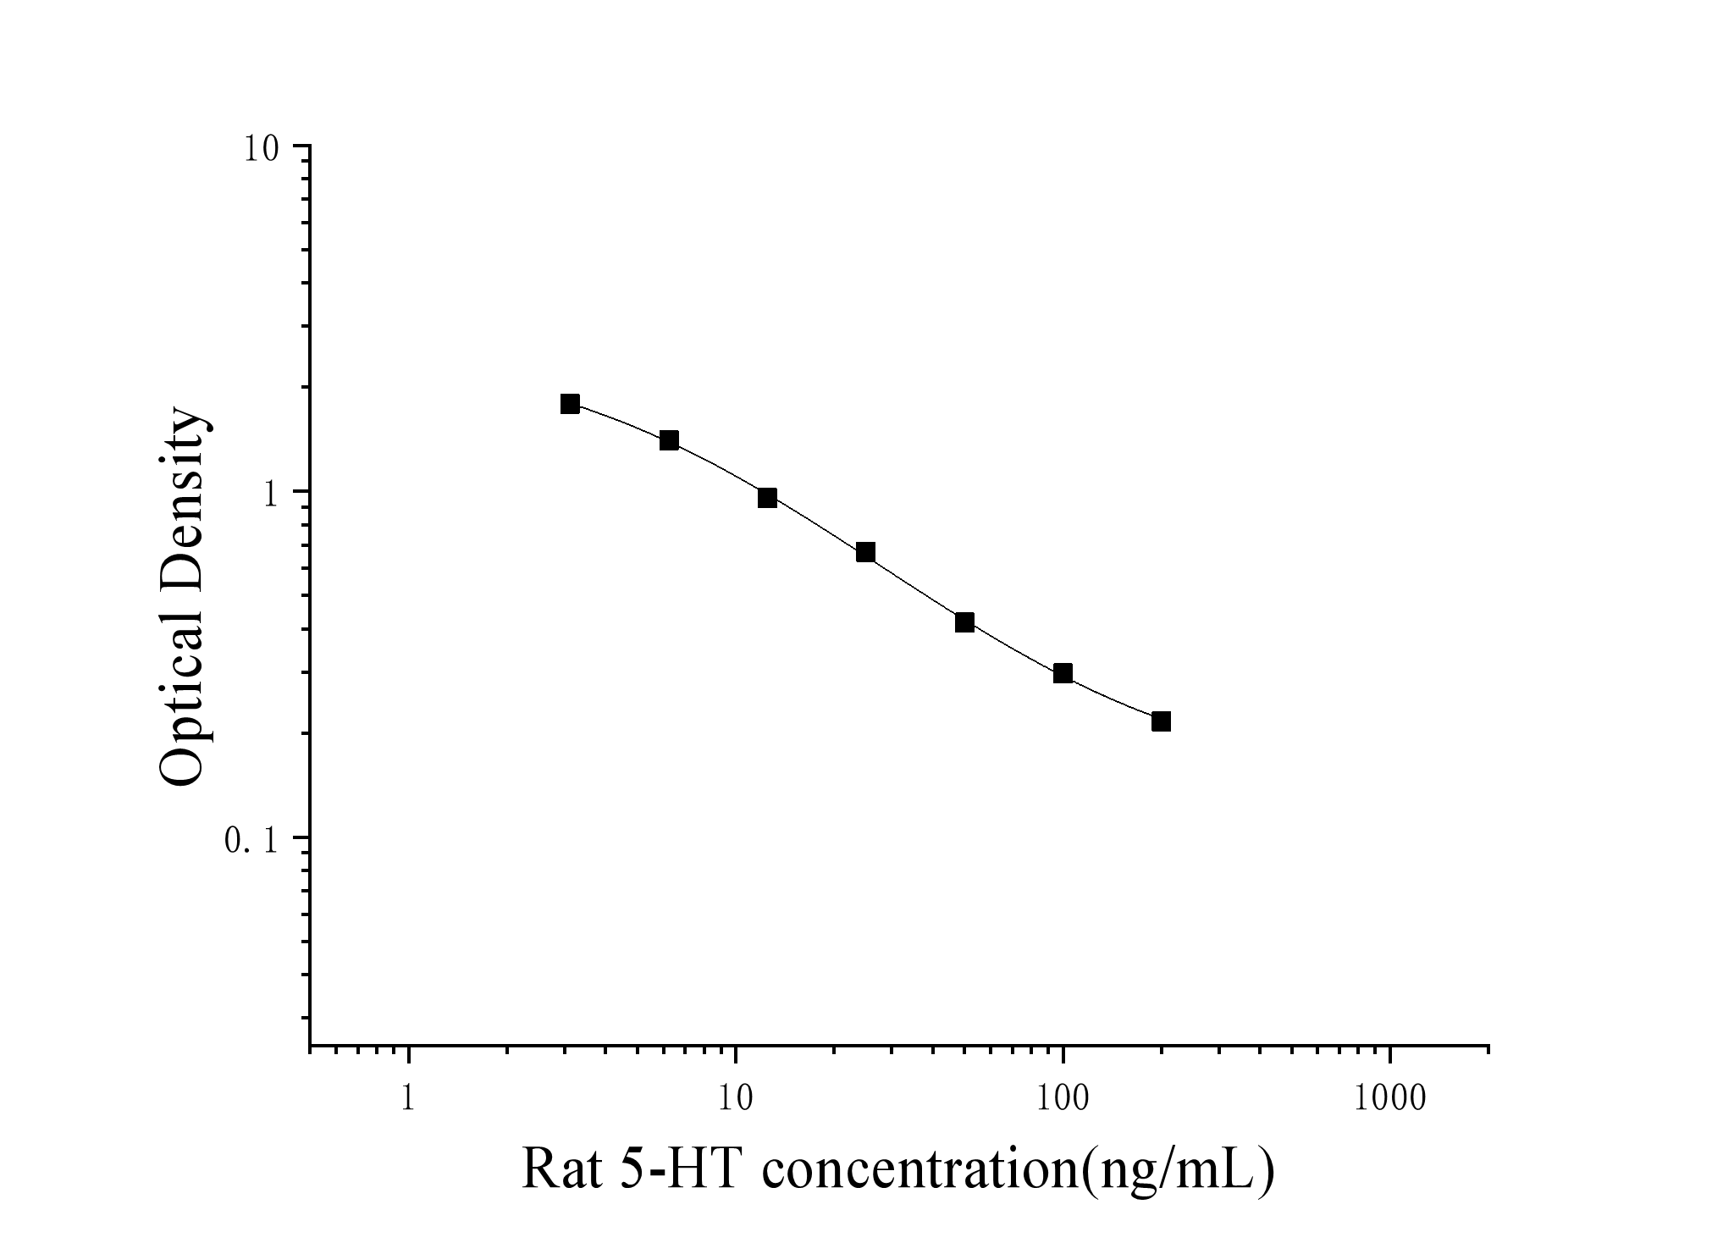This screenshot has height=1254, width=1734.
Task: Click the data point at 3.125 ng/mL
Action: coord(570,404)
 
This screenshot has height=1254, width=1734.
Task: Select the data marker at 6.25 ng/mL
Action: coord(669,440)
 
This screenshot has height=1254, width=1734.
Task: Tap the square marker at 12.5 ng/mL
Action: coord(767,498)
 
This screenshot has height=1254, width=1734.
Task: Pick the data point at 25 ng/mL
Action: coord(865,553)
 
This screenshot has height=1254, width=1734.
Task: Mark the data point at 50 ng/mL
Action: coord(964,622)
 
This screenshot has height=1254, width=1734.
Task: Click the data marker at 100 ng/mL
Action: coord(1063,673)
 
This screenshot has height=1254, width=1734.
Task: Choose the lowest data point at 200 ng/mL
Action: coord(1161,721)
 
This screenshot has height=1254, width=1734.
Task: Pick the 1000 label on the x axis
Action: coord(1389,1099)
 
